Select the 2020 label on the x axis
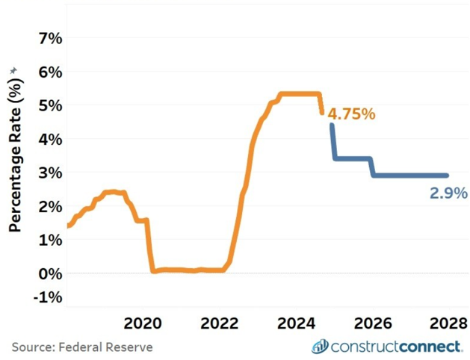click(x=143, y=323)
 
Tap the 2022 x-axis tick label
click(x=220, y=323)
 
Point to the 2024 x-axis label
click(x=297, y=323)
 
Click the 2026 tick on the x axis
click(x=373, y=323)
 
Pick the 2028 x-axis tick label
click(x=448, y=323)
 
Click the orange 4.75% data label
click(x=351, y=115)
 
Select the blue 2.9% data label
click(x=449, y=193)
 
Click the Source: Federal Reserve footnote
click(x=82, y=347)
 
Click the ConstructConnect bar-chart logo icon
click(x=320, y=346)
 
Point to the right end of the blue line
click(x=447, y=176)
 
